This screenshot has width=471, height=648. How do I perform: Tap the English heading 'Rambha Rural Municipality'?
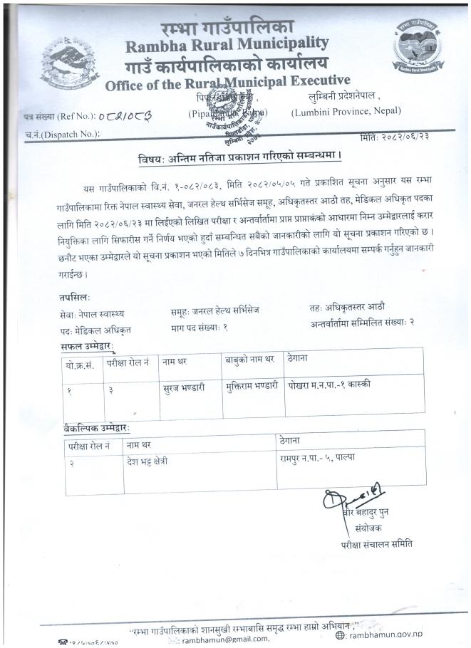pos(227,46)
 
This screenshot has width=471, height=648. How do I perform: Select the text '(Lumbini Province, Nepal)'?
pos(346,111)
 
